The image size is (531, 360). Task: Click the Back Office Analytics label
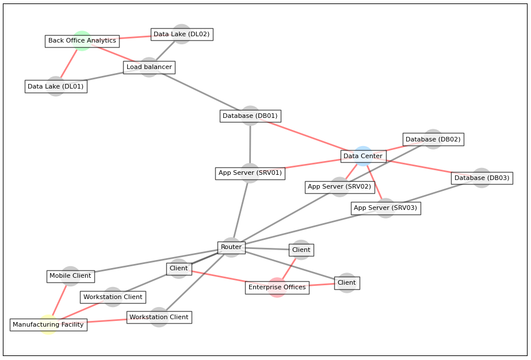[82, 41]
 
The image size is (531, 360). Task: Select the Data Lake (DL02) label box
[182, 35]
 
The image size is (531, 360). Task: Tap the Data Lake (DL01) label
[56, 87]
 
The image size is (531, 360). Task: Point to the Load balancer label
[149, 67]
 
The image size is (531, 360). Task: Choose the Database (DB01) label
[250, 116]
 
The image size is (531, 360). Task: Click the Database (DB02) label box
[433, 139]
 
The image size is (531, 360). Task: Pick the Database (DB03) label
[482, 178]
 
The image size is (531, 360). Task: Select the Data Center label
[363, 156]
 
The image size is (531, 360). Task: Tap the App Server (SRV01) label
[250, 173]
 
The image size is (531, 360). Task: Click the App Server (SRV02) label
[339, 187]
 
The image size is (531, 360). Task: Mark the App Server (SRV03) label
[385, 208]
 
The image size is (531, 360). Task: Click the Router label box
[231, 247]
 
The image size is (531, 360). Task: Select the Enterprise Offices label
[277, 288]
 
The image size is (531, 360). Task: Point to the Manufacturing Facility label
[48, 325]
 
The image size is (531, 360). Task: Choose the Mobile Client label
[70, 276]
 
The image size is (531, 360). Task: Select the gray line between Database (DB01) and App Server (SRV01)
[250, 144]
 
